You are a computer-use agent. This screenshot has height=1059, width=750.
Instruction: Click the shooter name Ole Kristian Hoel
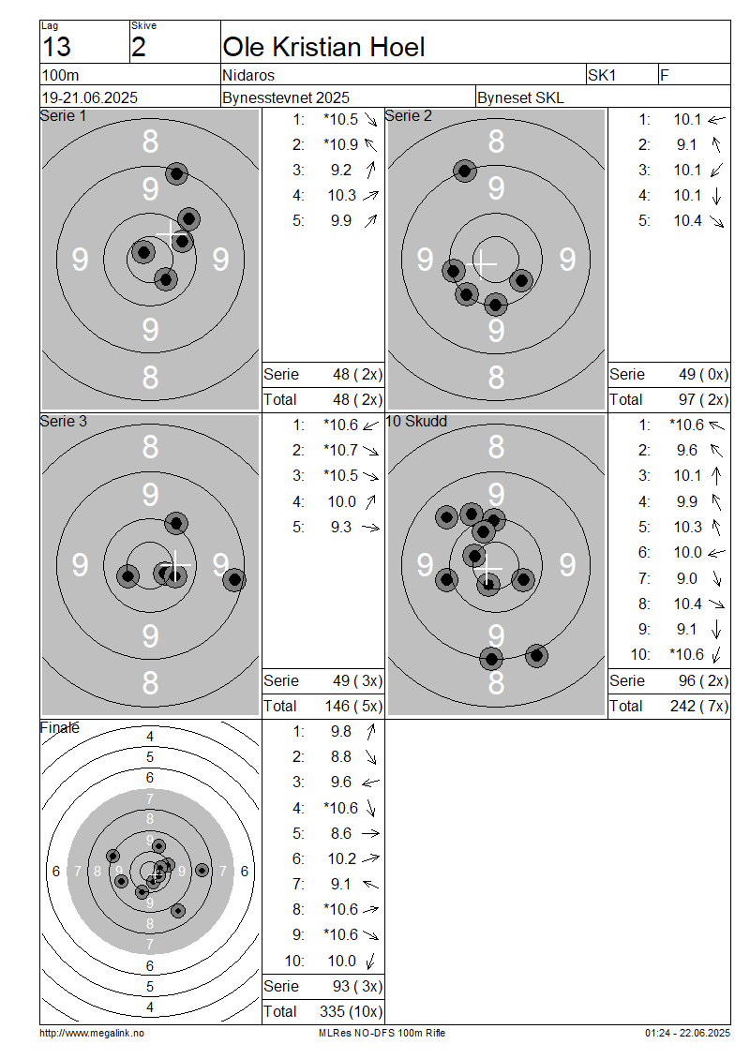323,47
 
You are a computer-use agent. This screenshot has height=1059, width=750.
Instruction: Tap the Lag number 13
57,47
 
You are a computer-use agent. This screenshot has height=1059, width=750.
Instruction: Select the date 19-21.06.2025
90,97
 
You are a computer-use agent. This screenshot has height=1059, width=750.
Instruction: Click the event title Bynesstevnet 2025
286,97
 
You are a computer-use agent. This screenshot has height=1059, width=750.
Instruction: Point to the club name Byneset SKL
520,97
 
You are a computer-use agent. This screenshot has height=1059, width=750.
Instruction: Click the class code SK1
602,75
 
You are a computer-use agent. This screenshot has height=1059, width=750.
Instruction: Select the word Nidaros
248,75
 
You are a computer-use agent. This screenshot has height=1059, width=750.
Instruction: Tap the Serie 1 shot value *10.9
340,144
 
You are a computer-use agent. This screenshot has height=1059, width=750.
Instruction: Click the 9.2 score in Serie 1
341,171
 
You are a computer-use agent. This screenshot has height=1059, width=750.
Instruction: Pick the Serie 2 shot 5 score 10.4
688,221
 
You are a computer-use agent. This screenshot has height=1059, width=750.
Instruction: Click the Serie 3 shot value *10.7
340,450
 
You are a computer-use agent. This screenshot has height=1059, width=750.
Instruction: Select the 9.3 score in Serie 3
341,527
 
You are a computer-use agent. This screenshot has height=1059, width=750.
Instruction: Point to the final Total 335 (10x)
352,1012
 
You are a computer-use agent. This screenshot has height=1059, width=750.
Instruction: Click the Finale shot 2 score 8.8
341,757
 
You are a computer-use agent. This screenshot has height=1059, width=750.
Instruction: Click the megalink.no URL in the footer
92,1033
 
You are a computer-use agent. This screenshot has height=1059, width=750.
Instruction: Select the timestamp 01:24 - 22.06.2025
687,1033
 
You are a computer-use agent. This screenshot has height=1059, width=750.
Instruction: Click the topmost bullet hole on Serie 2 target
464,171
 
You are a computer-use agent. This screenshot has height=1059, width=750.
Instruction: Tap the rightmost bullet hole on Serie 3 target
234,579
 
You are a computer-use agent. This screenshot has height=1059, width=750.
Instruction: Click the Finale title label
59,727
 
